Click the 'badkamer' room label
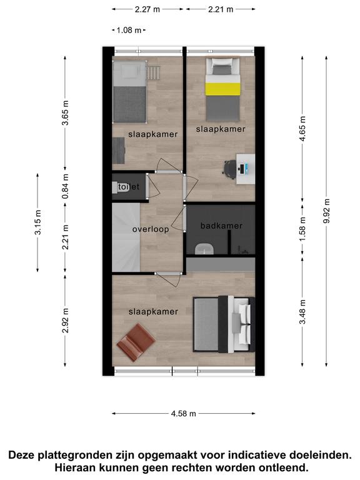click(221, 226)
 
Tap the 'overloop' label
click(151, 229)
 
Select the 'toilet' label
click(129, 186)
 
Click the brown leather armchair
click(136, 342)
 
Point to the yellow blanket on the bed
click(222, 89)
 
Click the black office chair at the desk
click(229, 169)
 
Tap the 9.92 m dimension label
click(327, 211)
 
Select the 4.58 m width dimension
click(183, 414)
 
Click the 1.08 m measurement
click(129, 30)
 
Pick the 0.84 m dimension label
click(65, 186)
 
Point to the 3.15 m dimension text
click(38, 222)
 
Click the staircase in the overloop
click(126, 237)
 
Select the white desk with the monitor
click(246, 169)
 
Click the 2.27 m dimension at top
click(147, 9)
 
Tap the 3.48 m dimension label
click(302, 312)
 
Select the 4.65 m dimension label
click(302, 129)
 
